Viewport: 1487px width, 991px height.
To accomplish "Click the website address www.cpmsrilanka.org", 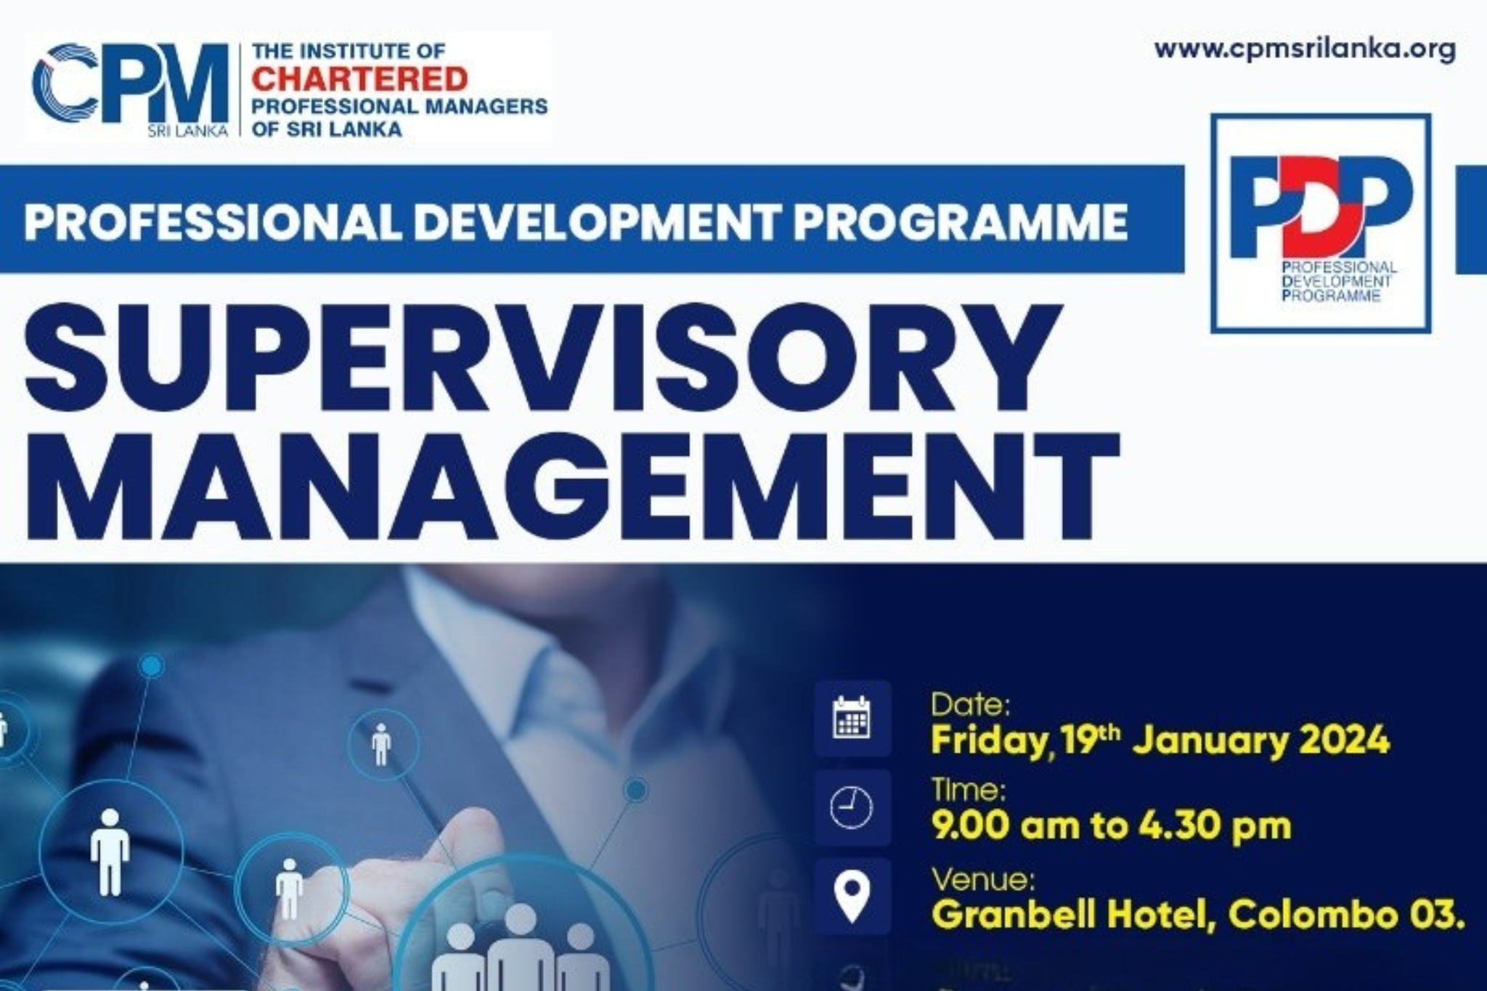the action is (1305, 50).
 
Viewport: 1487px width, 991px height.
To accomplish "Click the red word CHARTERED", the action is (359, 78).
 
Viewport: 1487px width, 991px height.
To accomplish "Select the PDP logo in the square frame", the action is (1321, 224).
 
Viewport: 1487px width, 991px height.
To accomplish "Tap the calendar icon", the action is (852, 718).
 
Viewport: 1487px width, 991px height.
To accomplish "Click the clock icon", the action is (852, 807).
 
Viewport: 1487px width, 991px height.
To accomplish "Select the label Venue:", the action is (983, 881).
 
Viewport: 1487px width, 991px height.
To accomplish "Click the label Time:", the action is (968, 790).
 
